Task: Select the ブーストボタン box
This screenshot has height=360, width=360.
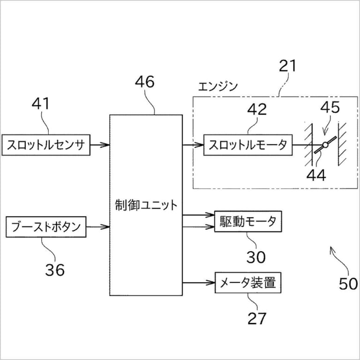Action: click(x=45, y=227)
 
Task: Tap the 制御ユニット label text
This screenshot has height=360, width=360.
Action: click(x=146, y=205)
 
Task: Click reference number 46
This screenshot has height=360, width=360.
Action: click(x=144, y=82)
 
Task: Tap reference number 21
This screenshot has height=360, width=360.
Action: click(x=287, y=66)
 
